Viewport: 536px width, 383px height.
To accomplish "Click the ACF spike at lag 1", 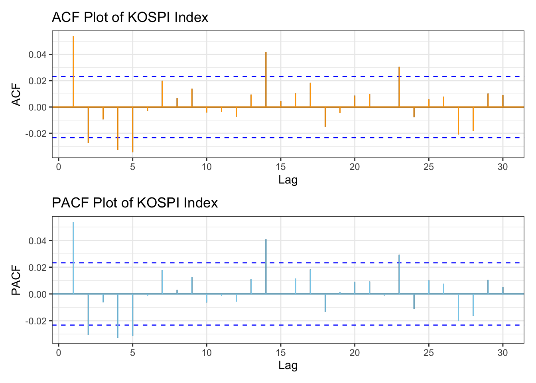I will (x=73, y=72).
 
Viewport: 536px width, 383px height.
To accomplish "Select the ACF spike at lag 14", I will (x=266, y=79).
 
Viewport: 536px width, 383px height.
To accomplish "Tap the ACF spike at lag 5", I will (x=132, y=129).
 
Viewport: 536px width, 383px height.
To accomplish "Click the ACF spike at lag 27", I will (x=458, y=120).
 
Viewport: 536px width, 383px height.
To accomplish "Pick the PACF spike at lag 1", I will (x=73, y=258).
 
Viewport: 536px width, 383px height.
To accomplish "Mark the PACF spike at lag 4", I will (x=118, y=316).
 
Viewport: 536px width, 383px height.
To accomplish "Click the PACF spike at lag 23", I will (x=399, y=274).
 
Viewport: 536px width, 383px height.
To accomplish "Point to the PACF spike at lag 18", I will (x=325, y=303).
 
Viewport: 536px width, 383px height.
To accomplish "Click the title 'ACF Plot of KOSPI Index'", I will (x=130, y=18).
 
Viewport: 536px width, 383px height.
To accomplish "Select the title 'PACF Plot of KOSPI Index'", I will (x=135, y=203).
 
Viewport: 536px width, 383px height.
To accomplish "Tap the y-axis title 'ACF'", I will (x=16, y=94).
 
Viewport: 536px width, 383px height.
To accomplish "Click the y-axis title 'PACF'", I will (x=16, y=280).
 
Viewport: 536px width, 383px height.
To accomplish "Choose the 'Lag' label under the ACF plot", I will (x=288, y=180).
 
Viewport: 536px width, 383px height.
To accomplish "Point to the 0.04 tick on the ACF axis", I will (x=37, y=55).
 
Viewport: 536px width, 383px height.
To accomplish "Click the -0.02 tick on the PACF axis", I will (x=36, y=321).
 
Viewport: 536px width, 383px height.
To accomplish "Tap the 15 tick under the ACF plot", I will (x=281, y=167).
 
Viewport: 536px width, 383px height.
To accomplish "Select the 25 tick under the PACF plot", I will (x=429, y=353).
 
